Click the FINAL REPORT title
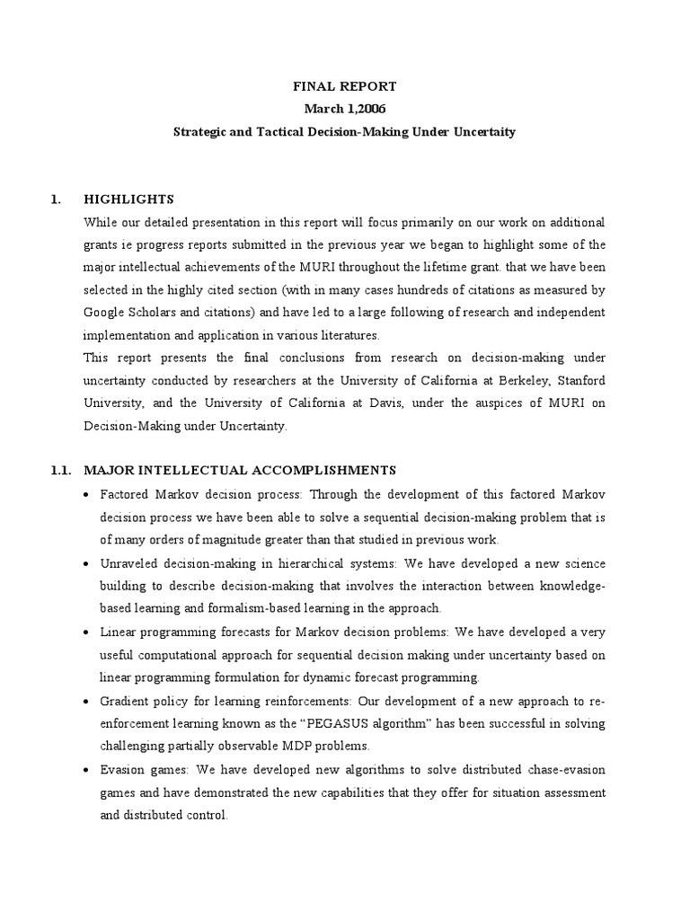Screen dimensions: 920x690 (344, 86)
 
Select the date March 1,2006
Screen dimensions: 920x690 (344, 109)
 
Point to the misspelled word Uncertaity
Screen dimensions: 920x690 (482, 131)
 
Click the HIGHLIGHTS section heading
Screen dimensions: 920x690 (128, 199)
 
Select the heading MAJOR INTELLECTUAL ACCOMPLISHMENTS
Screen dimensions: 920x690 (240, 469)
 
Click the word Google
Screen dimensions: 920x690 (103, 312)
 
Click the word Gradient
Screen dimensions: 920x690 (125, 701)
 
